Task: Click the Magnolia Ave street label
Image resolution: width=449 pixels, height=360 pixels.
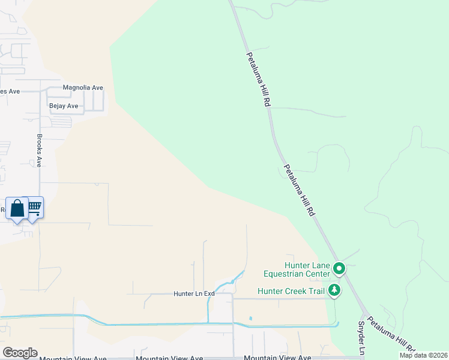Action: click(83, 88)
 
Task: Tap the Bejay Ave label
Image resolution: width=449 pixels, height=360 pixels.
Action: click(64, 106)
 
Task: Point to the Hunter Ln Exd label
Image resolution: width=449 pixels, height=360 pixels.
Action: click(194, 294)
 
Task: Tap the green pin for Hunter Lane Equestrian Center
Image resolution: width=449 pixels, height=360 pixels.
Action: click(339, 268)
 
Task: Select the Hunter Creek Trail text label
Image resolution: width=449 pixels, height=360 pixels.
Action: click(291, 292)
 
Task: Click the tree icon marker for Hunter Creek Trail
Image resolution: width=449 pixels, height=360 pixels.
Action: click(334, 291)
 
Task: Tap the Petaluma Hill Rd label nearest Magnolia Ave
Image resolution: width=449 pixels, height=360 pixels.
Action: click(258, 79)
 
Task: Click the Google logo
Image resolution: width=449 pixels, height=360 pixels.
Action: click(20, 353)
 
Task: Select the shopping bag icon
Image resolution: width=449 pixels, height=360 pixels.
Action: click(17, 209)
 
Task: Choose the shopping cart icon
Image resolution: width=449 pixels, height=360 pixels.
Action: click(35, 207)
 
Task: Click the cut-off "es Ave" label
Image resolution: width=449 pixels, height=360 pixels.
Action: click(10, 91)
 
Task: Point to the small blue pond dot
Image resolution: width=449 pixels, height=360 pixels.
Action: click(250, 318)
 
